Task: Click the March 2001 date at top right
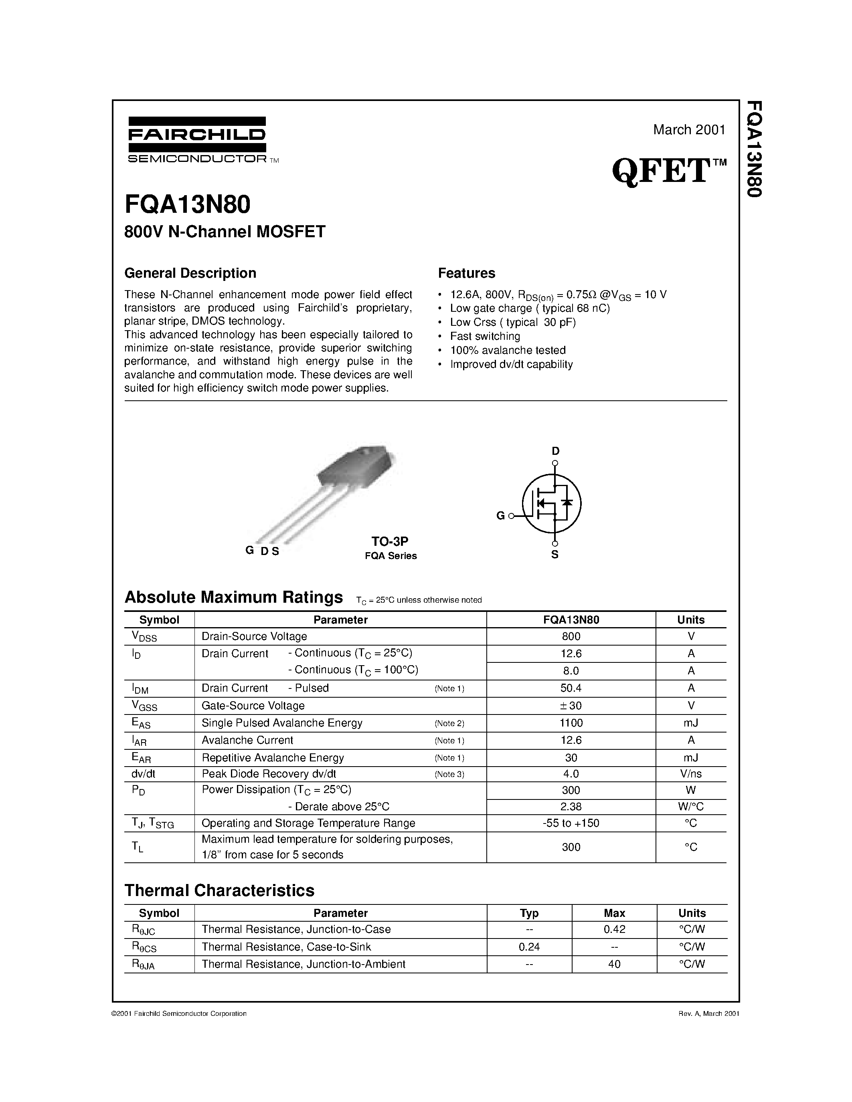689,130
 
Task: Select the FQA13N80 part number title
187,205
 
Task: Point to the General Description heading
190,273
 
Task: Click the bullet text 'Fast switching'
485,336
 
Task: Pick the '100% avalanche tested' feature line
507,350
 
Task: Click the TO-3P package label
390,541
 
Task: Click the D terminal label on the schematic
555,450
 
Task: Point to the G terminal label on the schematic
500,516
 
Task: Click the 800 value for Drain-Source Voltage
571,636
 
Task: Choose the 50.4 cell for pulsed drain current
571,688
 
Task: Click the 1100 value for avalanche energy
571,723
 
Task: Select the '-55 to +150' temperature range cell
571,823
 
